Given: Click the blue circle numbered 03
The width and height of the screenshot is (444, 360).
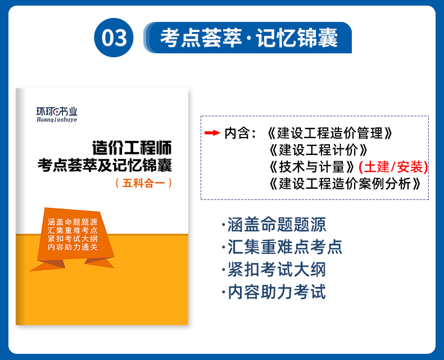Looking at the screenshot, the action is point(114,38).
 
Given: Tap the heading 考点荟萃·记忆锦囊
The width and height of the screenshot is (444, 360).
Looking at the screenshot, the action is point(249,38).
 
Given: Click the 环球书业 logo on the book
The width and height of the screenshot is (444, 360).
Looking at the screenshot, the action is point(57,112).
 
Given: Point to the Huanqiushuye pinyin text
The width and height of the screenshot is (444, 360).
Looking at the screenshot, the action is point(57,120).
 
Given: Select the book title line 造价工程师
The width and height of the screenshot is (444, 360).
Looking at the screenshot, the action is point(132,148).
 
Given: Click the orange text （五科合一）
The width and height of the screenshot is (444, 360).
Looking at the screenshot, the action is point(144,183).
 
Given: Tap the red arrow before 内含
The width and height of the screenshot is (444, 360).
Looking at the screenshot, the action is point(212,133).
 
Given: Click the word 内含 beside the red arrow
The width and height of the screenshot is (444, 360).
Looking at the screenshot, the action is point(237,133).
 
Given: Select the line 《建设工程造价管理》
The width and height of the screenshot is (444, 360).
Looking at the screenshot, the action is point(330,133).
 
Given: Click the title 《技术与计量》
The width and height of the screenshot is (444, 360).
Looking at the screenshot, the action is point(311,167).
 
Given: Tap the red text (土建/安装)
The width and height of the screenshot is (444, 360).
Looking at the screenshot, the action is point(393,167).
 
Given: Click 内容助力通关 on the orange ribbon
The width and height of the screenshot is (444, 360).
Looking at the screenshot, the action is point(73,247).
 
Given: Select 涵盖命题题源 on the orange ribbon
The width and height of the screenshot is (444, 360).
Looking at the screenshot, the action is point(73,222).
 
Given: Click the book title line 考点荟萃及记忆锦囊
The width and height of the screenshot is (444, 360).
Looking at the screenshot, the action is point(105,165).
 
